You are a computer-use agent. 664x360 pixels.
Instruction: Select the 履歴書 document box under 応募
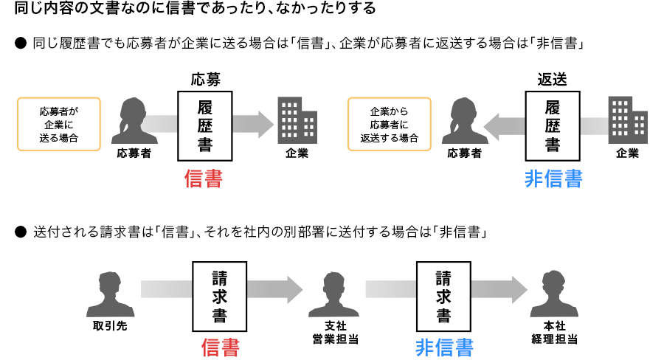click(x=205, y=125)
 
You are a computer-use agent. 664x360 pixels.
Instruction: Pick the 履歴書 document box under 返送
click(x=553, y=125)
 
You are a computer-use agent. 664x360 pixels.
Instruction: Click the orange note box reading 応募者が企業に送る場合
click(x=58, y=124)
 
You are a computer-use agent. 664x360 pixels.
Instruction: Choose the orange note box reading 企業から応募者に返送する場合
click(x=390, y=124)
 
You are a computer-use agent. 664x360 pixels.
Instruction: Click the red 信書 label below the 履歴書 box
click(x=204, y=179)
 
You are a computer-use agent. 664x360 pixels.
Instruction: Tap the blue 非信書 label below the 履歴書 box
click(x=553, y=179)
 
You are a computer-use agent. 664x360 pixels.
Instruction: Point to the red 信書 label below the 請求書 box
click(x=221, y=347)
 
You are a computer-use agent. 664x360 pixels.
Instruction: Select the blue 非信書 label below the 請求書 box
click(x=443, y=347)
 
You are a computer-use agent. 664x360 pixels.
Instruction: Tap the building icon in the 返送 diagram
click(x=627, y=120)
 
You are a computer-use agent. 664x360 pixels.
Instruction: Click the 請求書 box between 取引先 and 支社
click(x=220, y=297)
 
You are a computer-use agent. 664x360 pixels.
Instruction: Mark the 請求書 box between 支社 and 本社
click(x=443, y=297)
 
